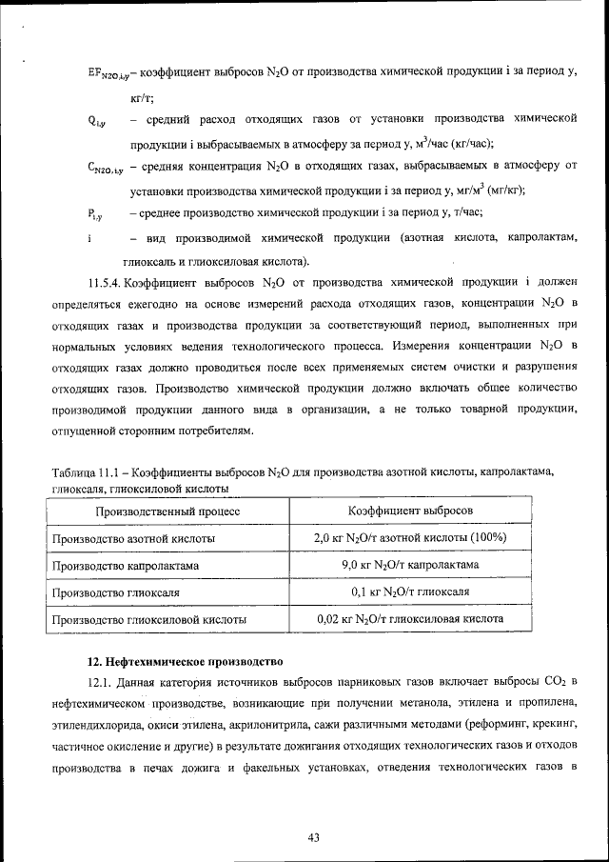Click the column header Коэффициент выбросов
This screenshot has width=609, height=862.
[x=409, y=511]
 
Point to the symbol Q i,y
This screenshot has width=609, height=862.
[x=96, y=121]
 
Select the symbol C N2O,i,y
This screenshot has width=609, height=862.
[x=105, y=168]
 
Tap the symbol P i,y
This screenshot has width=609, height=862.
[x=96, y=214]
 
